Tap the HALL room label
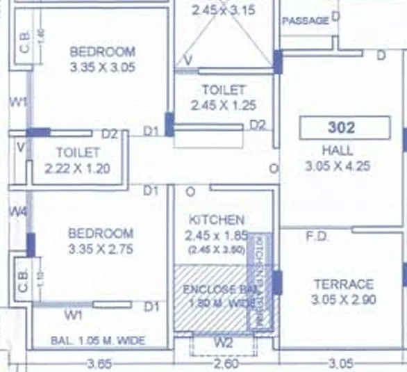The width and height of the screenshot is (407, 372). pos(337,150)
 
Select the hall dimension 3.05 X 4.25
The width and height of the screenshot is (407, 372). pos(338,166)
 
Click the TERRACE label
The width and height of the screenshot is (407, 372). pos(343,284)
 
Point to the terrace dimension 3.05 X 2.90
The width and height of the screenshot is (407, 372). pos(343,300)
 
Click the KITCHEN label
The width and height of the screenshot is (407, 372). pos(215,220)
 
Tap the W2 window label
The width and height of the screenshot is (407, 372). pos(223,342)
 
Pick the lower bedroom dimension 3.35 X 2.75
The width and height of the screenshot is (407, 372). pos(101,249)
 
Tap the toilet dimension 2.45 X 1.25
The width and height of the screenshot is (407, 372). pos(224,106)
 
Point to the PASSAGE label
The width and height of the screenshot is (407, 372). pos(305,21)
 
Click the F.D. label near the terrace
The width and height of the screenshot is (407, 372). pos(317,236)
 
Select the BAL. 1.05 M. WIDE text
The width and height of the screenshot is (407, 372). pos(98,341)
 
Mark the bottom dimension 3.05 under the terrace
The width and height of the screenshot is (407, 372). pos(340,363)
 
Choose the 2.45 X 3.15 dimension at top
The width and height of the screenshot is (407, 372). pos(224,10)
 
